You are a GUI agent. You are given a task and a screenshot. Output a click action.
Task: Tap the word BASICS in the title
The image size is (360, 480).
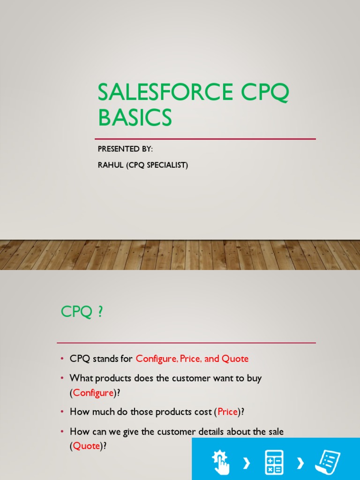[135, 118]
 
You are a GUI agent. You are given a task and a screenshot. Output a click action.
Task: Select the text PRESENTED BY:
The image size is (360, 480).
[125, 149]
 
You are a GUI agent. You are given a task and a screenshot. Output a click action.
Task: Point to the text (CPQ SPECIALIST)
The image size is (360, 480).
[157, 165]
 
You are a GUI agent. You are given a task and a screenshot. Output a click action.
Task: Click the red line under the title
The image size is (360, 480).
[205, 139]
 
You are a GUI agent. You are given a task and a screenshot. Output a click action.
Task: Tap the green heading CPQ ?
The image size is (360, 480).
[82, 312]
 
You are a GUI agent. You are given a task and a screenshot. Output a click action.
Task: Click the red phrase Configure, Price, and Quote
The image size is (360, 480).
[192, 359]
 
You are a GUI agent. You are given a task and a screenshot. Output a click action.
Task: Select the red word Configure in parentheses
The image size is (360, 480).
[93, 393]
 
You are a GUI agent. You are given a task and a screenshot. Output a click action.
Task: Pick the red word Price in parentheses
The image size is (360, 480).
[228, 412]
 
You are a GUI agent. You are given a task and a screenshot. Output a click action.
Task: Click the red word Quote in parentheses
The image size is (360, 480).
[87, 446]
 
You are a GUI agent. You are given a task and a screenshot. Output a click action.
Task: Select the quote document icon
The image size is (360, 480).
[328, 461]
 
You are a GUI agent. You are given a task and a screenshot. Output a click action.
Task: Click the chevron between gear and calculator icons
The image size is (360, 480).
[247, 464]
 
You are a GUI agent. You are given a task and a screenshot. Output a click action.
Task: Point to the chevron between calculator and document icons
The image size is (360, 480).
[301, 464]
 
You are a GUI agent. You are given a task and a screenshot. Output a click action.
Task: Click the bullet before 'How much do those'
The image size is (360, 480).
[62, 412]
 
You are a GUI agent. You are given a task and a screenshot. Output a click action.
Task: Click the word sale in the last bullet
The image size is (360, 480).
[274, 431]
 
